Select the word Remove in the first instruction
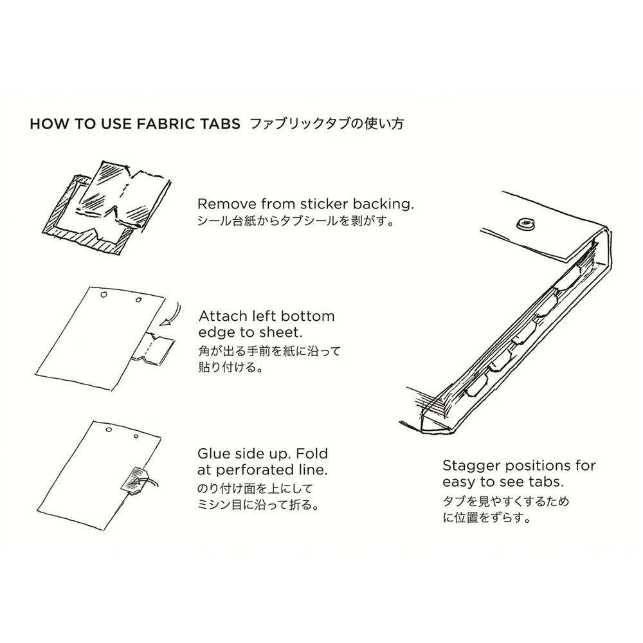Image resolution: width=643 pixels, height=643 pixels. pyautogui.click(x=222, y=204)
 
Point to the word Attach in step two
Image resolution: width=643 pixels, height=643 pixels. pyautogui.click(x=221, y=316)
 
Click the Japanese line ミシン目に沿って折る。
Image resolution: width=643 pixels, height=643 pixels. pyautogui.click(x=257, y=505)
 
